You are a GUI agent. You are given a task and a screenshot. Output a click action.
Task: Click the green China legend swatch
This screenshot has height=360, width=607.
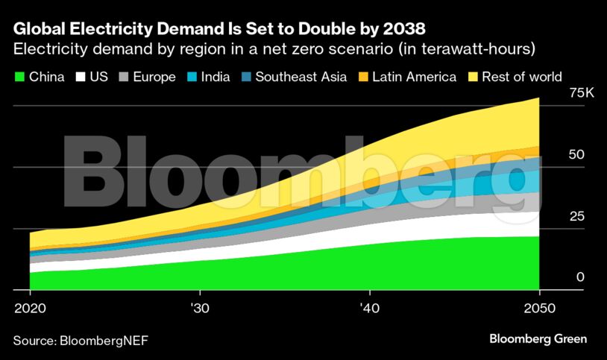pos(19,77)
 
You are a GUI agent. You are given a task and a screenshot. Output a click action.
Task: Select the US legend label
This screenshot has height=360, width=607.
pos(98,77)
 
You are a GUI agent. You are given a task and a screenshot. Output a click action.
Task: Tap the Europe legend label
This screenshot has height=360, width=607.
pos(155,77)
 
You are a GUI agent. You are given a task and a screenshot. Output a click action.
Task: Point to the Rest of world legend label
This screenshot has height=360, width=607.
pos(522,77)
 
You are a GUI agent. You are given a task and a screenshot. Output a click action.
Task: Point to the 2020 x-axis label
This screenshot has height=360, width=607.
pos(30,307)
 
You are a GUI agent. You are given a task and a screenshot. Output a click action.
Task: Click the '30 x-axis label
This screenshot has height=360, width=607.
pos(199,307)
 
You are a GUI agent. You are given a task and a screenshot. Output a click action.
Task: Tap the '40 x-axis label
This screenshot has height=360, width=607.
pos(369,307)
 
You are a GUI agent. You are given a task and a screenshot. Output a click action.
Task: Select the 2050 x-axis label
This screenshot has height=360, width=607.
pos(538,307)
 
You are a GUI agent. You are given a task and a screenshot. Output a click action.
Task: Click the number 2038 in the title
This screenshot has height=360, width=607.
pos(402,30)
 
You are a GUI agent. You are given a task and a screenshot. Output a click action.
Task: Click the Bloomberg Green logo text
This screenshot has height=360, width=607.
pos(538,339)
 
